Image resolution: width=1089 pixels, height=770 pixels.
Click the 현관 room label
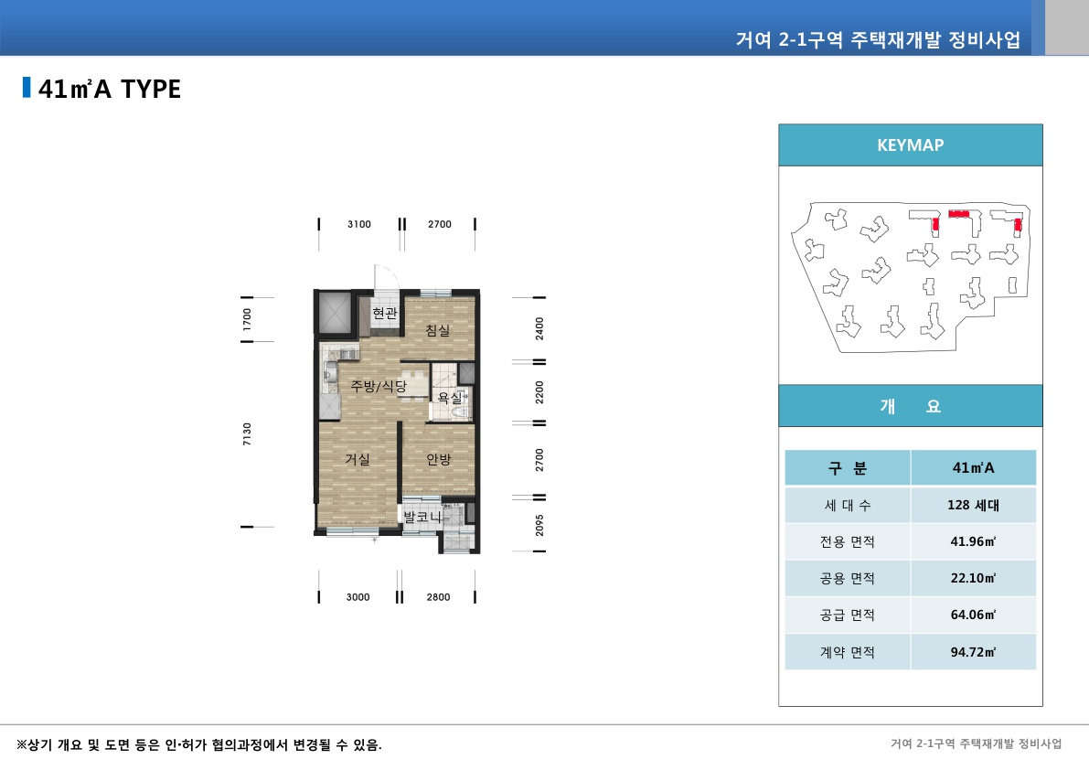click(x=385, y=313)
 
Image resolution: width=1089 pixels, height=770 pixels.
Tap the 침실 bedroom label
click(x=438, y=330)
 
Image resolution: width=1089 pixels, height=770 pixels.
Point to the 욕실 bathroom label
click(x=450, y=398)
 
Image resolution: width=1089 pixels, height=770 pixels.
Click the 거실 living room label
click(x=358, y=459)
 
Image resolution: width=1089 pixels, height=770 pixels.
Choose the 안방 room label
click(x=439, y=459)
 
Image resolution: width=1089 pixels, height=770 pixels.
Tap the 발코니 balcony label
click(x=422, y=518)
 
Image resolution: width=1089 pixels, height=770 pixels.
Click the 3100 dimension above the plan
click(x=359, y=224)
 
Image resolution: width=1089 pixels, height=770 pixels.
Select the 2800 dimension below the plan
click(x=438, y=597)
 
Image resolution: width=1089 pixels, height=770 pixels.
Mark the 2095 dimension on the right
click(x=539, y=524)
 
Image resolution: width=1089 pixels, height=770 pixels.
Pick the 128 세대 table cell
click(x=973, y=505)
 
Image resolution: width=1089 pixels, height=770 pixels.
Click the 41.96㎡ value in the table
click(x=973, y=541)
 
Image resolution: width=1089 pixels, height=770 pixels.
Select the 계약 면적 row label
click(x=848, y=652)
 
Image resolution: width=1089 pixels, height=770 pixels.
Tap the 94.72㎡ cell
click(x=973, y=652)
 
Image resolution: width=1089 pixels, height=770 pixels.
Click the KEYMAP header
click(x=910, y=144)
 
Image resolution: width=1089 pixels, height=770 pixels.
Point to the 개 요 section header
click(x=910, y=407)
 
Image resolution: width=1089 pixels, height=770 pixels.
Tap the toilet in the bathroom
click(x=458, y=412)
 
